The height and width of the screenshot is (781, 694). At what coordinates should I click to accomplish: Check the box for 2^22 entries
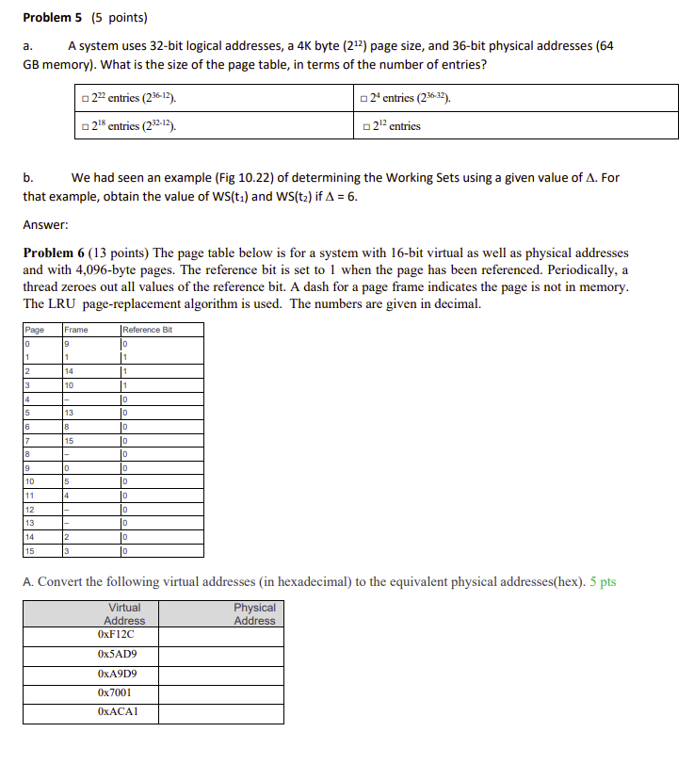[x=86, y=99]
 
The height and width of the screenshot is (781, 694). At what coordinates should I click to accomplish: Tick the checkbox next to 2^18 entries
[x=86, y=126]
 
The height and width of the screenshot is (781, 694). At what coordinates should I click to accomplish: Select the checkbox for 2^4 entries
[x=364, y=99]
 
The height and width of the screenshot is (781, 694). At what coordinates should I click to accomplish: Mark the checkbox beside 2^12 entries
[x=364, y=126]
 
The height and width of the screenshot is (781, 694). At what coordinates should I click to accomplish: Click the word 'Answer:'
[x=45, y=224]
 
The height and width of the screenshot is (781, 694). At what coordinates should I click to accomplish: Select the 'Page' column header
[x=35, y=330]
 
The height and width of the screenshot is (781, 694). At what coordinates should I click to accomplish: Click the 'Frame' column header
[x=77, y=330]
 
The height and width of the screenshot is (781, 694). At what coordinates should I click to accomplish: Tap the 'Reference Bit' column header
[x=148, y=330]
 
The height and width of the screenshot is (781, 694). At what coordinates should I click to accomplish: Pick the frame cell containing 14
[x=71, y=372]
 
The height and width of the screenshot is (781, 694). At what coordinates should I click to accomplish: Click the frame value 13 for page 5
[x=71, y=413]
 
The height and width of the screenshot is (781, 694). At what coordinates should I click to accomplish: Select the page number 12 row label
[x=30, y=510]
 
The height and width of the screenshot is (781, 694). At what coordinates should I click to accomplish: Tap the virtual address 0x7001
[x=115, y=693]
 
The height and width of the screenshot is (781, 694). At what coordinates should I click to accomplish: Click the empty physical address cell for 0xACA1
[x=220, y=713]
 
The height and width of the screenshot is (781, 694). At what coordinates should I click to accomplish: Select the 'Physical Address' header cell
[x=254, y=614]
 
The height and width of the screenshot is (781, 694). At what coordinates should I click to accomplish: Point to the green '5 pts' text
[x=602, y=581]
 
